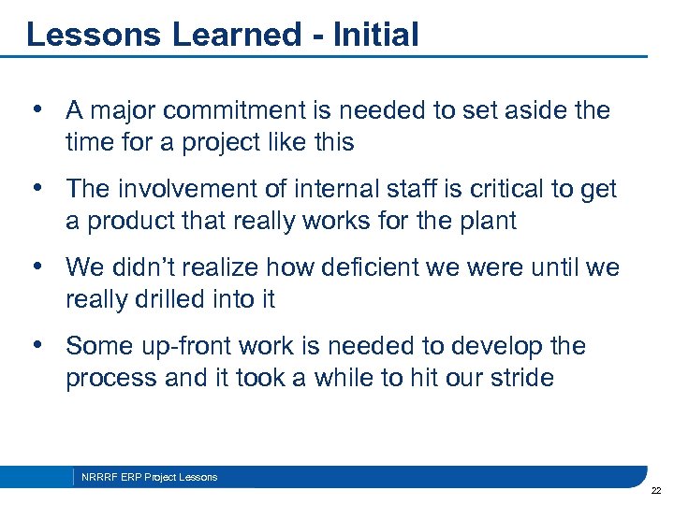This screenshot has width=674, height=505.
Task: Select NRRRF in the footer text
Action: (98, 477)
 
